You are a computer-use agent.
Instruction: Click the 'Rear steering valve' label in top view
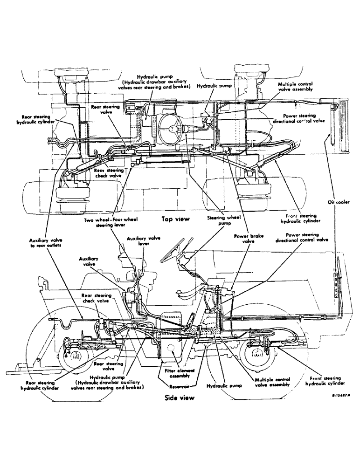(x=105, y=110)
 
